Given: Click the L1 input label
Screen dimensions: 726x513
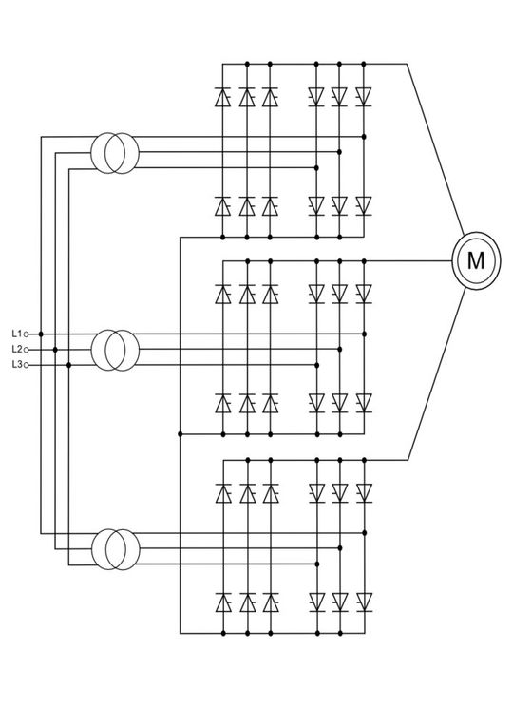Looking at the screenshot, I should pyautogui.click(x=16, y=334).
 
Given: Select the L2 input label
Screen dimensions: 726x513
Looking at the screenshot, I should pyautogui.click(x=16, y=350).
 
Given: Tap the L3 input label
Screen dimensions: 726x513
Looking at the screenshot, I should pyautogui.click(x=16, y=364).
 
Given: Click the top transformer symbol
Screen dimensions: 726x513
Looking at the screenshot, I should pyautogui.click(x=115, y=152).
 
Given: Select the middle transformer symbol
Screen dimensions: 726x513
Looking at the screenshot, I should pyautogui.click(x=115, y=350).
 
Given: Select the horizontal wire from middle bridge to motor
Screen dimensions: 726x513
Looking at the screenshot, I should pyautogui.click(x=408, y=259).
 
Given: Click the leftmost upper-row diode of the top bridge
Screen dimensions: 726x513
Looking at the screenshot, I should pyautogui.click(x=223, y=96).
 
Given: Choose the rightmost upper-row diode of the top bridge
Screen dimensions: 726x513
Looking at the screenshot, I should pyautogui.click(x=363, y=96).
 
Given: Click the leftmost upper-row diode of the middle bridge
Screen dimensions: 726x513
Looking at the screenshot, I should pyautogui.click(x=223, y=294).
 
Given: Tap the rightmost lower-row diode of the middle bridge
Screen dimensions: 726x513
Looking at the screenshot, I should pyautogui.click(x=363, y=403).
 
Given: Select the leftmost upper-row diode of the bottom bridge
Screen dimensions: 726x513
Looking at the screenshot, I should pyautogui.click(x=223, y=492).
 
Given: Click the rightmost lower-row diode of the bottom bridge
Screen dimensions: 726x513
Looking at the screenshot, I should pyautogui.click(x=363, y=602).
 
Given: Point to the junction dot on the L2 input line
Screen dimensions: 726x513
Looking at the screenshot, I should pyautogui.click(x=55, y=350).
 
